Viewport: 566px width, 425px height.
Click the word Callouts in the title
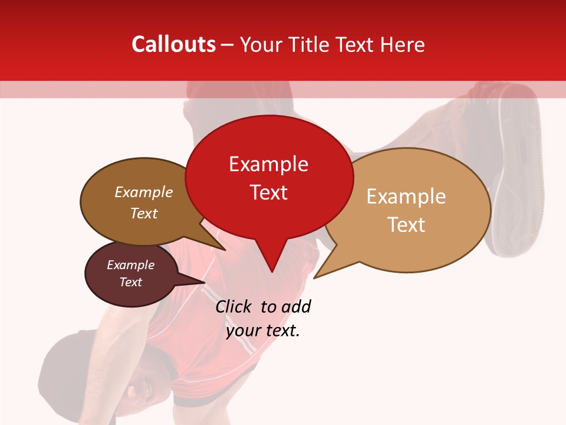coord(173,44)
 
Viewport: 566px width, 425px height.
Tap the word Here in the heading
coord(402,44)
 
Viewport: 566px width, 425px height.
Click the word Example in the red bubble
coord(268,164)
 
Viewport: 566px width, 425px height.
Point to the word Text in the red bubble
coord(268,192)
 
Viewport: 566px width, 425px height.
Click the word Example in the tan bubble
coord(406,197)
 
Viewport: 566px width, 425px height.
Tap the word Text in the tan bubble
coord(406,224)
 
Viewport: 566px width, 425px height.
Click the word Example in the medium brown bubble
coord(143,192)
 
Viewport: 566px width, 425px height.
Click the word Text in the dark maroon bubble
coord(130,282)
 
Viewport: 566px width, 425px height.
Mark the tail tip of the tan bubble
coord(315,277)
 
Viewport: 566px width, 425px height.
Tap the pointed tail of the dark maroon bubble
coord(203,283)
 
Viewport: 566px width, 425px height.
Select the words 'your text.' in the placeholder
coord(263,331)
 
